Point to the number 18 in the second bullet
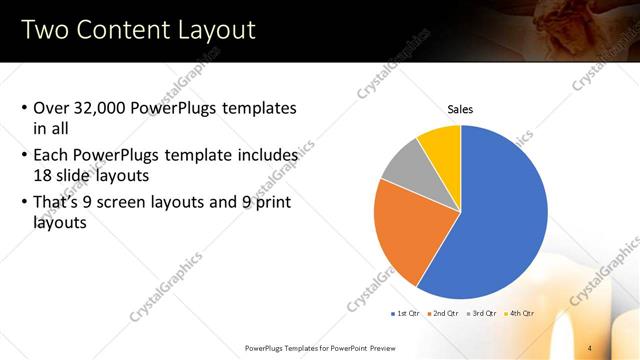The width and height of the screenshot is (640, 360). click(43, 175)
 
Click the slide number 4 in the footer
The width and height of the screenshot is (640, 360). click(590, 347)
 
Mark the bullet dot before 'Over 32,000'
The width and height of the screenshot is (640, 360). click(24, 108)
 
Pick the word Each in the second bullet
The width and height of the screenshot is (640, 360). click(51, 156)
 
